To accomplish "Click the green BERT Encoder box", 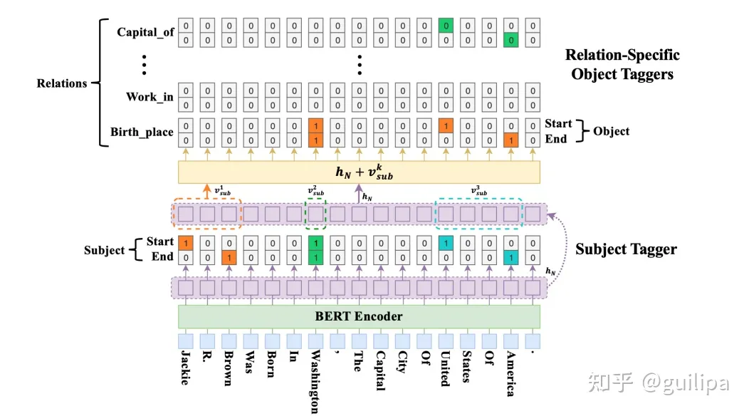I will (x=359, y=316).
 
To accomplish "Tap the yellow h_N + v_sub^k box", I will (x=359, y=172).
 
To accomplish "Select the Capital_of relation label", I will (x=145, y=32).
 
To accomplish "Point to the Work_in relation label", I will (x=150, y=96).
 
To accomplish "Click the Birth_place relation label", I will (x=142, y=132).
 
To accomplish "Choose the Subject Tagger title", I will (x=626, y=249).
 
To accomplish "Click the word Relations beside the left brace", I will (x=62, y=83).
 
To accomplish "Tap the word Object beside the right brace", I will (x=610, y=131).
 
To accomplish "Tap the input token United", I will (x=446, y=368).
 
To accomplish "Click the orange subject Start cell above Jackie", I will (x=185, y=242).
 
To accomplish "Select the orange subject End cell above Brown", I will (x=229, y=256).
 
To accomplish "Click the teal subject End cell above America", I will (x=510, y=256).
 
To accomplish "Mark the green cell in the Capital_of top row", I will (x=446, y=26).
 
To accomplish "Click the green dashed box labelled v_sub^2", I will (x=315, y=214).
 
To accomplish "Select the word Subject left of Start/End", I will (x=105, y=250).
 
